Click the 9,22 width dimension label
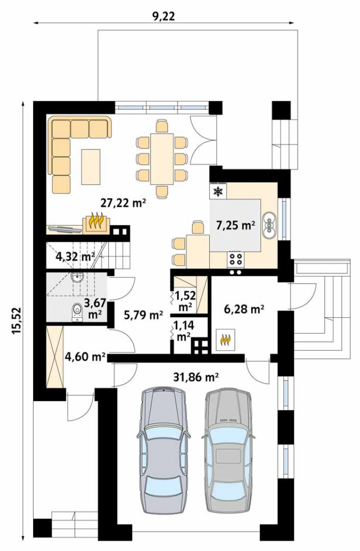click(164, 16)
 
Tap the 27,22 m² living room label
click(123, 203)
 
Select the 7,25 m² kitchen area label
click(235, 226)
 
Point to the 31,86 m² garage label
click(196, 377)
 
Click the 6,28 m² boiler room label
click(244, 309)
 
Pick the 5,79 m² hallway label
click(144, 315)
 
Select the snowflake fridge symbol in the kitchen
click(219, 191)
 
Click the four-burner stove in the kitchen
click(235, 259)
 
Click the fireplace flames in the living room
click(96, 221)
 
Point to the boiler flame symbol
click(225, 340)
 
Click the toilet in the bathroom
click(77, 312)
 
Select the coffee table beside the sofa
click(91, 167)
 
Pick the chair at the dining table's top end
click(162, 126)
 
